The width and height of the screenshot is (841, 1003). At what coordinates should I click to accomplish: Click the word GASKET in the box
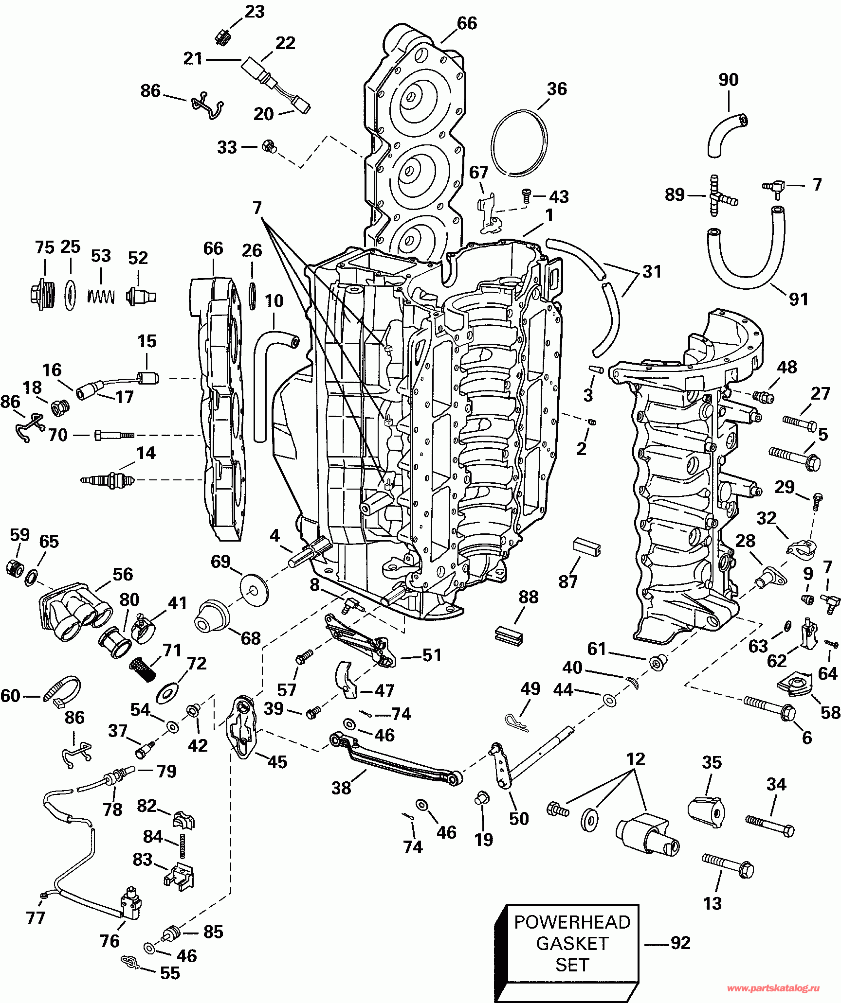pyautogui.click(x=572, y=943)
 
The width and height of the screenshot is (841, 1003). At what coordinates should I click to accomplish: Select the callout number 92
pyautogui.click(x=680, y=943)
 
